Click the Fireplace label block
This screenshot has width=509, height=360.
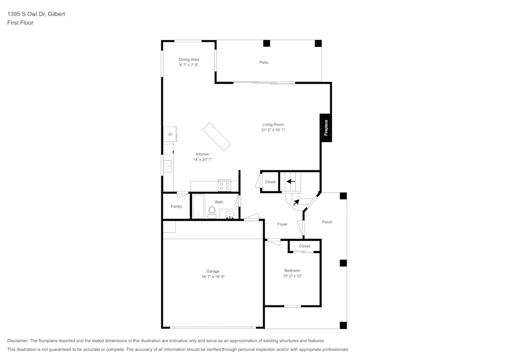(326, 127)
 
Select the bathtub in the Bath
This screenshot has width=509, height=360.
(198, 206)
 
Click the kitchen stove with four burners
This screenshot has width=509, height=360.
(224, 185)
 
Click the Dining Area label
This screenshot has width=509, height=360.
(188, 60)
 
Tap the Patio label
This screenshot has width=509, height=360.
(264, 62)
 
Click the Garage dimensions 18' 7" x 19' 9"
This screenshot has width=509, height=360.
(213, 276)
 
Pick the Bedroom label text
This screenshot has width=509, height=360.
(292, 270)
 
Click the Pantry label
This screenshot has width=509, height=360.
(176, 206)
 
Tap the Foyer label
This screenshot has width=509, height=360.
(282, 224)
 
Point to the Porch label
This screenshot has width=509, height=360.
(327, 222)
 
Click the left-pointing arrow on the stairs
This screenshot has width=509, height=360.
(291, 181)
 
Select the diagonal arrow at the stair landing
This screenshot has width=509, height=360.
(296, 202)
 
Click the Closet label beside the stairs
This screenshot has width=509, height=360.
(270, 182)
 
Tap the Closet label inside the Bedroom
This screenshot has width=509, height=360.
(304, 246)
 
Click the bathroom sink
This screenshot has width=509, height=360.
(230, 214)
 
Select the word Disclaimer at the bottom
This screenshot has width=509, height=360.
(18, 341)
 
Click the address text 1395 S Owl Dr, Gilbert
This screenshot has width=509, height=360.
(36, 14)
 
